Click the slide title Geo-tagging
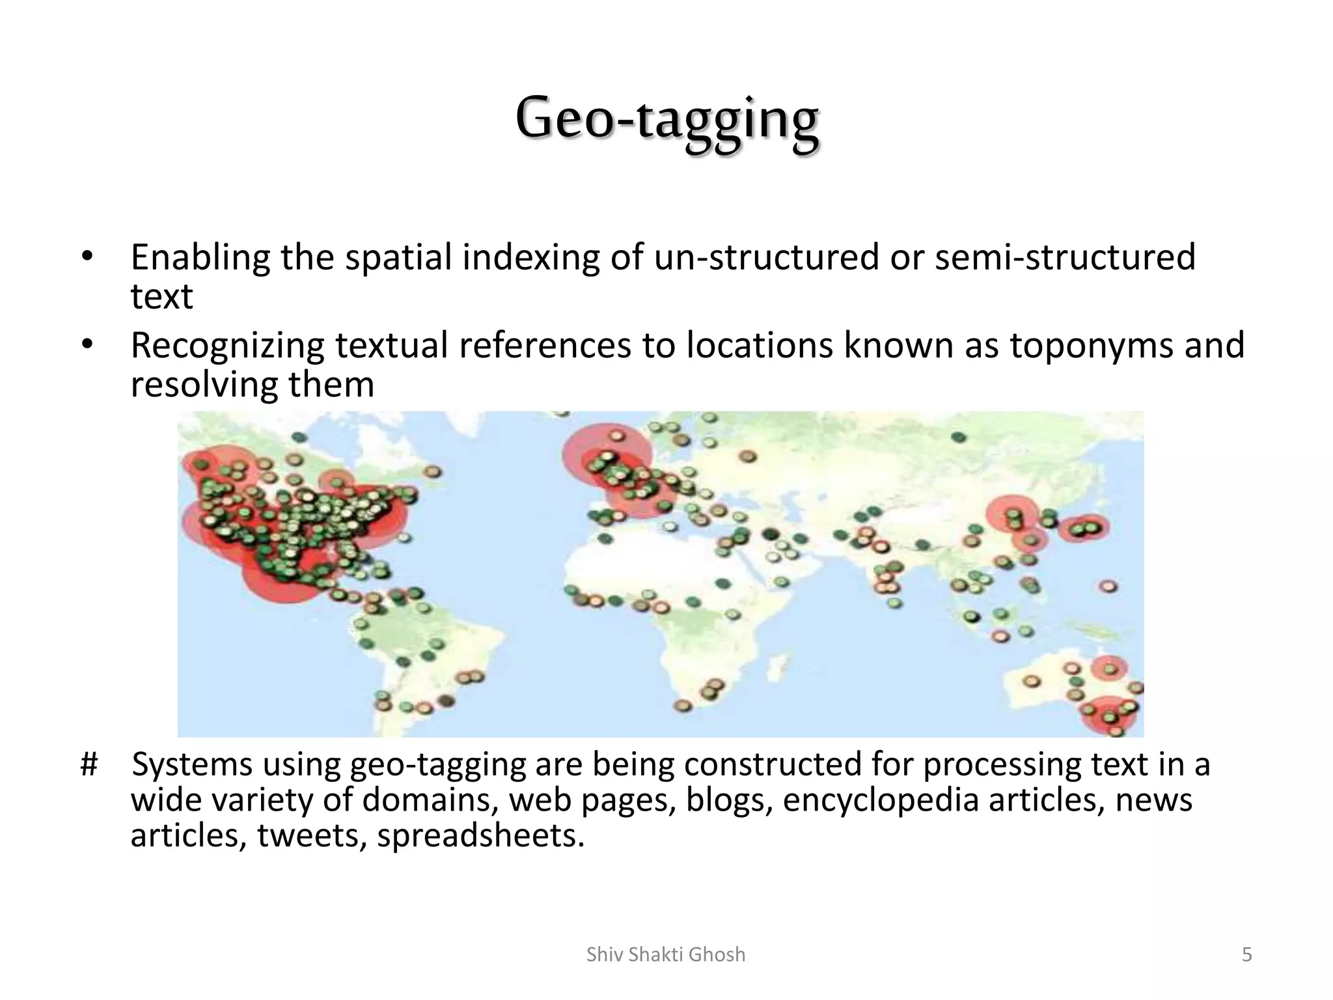(666, 119)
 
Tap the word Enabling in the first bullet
(200, 258)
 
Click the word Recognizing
(227, 346)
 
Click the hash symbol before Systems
(89, 764)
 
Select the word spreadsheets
(480, 836)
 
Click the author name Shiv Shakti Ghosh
(666, 954)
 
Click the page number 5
(1246, 954)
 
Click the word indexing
(530, 258)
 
